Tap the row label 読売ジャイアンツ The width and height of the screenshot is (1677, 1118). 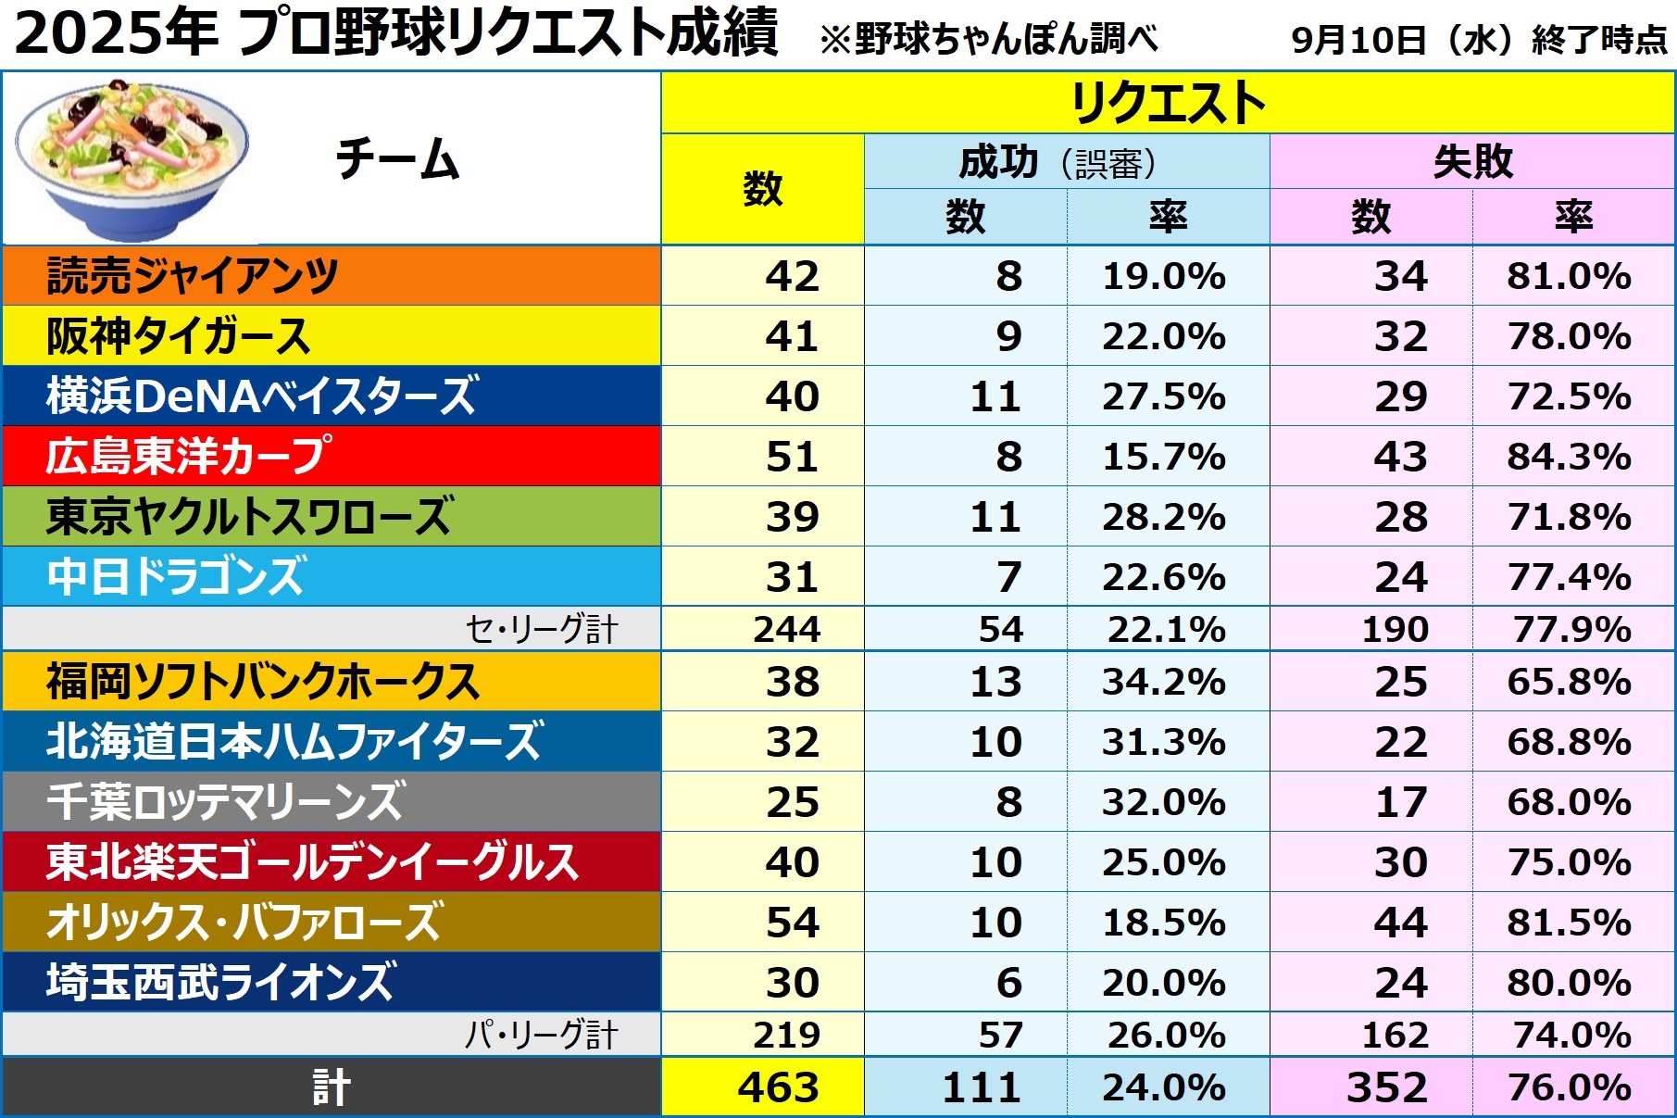(x=192, y=276)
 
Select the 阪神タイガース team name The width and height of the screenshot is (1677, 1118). (x=178, y=336)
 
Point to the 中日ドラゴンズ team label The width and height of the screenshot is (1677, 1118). (x=176, y=576)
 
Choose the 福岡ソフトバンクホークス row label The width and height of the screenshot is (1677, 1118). (x=263, y=682)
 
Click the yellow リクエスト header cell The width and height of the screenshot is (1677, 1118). (x=1168, y=103)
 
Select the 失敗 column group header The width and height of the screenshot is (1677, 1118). (x=1472, y=162)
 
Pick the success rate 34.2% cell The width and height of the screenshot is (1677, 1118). (x=1164, y=682)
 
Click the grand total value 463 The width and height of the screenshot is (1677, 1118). (x=778, y=1087)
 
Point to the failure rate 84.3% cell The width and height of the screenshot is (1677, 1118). (x=1569, y=457)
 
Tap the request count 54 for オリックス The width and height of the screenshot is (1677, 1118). (x=792, y=923)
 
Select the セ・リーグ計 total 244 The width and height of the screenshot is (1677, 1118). (x=786, y=630)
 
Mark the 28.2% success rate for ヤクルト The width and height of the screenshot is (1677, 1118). (x=1164, y=517)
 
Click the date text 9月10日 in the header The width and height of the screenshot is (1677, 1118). (x=1358, y=40)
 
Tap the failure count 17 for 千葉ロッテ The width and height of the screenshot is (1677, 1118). (x=1401, y=802)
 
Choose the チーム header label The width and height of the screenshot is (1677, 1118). (x=397, y=159)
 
